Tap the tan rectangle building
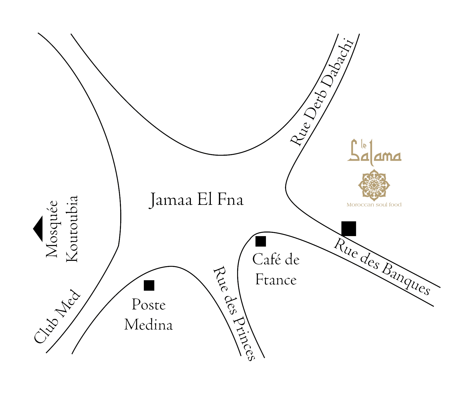[374, 172]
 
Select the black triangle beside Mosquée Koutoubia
[38, 229]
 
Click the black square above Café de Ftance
[261, 241]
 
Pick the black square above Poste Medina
[149, 285]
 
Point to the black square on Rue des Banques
[349, 229]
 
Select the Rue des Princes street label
[234, 313]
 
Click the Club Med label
[57, 316]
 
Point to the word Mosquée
[52, 229]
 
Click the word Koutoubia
[72, 229]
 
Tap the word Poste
[149, 305]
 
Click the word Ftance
[276, 280]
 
